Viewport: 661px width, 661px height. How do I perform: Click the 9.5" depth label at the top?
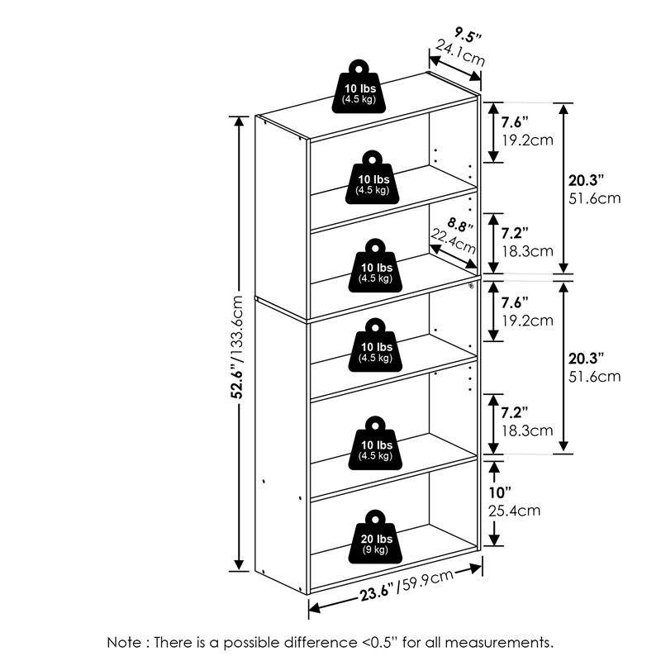(467, 35)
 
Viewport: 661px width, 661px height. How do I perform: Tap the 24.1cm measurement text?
(460, 55)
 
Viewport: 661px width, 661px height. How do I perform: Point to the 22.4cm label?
(453, 243)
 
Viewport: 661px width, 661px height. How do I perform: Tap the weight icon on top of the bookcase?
(358, 87)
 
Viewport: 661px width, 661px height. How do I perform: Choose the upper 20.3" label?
(587, 179)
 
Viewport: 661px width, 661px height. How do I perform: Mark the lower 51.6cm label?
(594, 377)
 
